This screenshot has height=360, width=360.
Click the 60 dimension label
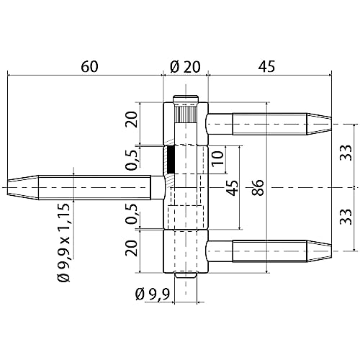pos(89,66)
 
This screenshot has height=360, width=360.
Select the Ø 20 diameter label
pos(184,66)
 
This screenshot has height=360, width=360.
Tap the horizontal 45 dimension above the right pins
pos(267,66)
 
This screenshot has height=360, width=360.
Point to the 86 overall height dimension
pos(256,188)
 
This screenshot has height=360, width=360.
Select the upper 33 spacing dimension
pos(346,153)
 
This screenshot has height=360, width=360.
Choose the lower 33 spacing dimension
pos(346,219)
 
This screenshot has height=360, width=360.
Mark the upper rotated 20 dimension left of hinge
pos(131,120)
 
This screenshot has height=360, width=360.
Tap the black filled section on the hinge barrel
pos(171,159)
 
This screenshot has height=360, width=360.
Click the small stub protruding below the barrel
pos(186,276)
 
